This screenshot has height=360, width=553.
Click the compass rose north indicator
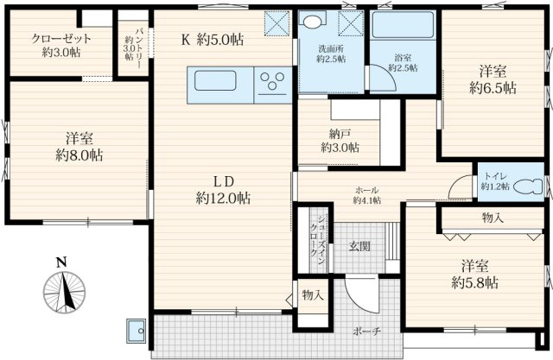pyautogui.click(x=64, y=292)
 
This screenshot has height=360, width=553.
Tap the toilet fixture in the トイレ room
pyautogui.click(x=528, y=186)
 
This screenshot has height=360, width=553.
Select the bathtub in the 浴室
pyautogui.click(x=403, y=25)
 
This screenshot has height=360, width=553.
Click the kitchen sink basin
pyautogui.click(x=215, y=80)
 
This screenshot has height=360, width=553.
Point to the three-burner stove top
pyautogui.click(x=273, y=83)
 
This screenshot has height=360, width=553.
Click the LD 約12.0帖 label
pyautogui.click(x=224, y=191)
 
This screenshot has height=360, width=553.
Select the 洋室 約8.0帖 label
pyautogui.click(x=79, y=147)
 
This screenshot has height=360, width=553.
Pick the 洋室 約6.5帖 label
pyautogui.click(x=493, y=79)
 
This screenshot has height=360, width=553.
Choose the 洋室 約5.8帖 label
pyautogui.click(x=475, y=274)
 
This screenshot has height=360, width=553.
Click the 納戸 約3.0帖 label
pyautogui.click(x=340, y=140)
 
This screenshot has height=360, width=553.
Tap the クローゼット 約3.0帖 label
pyautogui.click(x=61, y=46)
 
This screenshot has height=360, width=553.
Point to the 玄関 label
pyautogui.click(x=359, y=246)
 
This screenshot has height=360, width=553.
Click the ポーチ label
pyautogui.click(x=366, y=332)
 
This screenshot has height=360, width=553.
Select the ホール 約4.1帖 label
pyautogui.click(x=367, y=195)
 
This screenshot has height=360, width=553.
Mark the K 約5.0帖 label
pyautogui.click(x=213, y=40)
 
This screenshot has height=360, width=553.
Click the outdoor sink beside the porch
pyautogui.click(x=137, y=331)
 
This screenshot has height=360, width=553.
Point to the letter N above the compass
pyautogui.click(x=61, y=262)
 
